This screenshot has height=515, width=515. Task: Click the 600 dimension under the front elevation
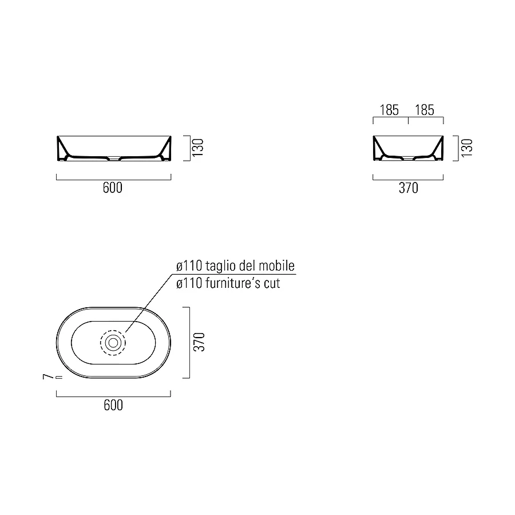pyautogui.click(x=113, y=188)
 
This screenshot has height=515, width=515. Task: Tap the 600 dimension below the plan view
pyautogui.click(x=113, y=405)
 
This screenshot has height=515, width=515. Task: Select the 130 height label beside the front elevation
pyautogui.click(x=198, y=148)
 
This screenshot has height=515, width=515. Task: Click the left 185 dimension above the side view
pyautogui.click(x=389, y=110)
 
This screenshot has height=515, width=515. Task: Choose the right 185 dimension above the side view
pyautogui.click(x=425, y=110)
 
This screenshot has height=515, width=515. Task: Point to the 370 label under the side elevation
pyautogui.click(x=408, y=188)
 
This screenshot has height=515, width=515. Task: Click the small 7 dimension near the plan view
pyautogui.click(x=45, y=377)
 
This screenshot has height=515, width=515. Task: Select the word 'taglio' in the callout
pyautogui.click(x=219, y=266)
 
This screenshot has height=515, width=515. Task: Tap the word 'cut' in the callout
pyautogui.click(x=271, y=283)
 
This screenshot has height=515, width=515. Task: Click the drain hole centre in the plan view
pyautogui.click(x=113, y=343)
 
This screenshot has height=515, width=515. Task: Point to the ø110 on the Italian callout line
pyautogui.click(x=187, y=266)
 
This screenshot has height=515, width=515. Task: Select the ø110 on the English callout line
pyautogui.click(x=187, y=283)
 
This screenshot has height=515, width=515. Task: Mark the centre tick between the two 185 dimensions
pyautogui.click(x=407, y=121)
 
